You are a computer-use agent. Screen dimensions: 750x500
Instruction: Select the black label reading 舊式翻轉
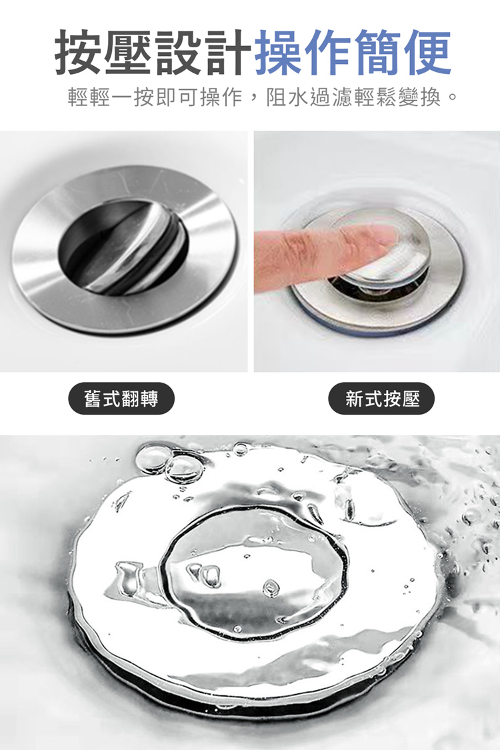[121, 399]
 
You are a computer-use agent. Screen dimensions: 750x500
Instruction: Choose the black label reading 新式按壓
[382, 399]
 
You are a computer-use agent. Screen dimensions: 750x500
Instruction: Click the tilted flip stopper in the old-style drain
[137, 247]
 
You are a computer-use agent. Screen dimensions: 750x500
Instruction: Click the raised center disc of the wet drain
[257, 573]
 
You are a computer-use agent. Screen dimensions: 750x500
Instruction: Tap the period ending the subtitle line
[453, 100]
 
